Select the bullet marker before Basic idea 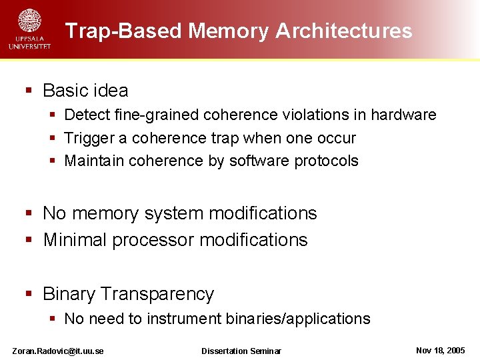point(29,91)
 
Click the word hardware point(403,115)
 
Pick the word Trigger point(85,138)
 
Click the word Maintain point(94,161)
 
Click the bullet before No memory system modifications point(29,214)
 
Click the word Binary point(71,294)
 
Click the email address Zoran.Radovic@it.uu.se point(58,351)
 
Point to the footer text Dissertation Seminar point(241,351)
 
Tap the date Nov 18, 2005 point(440,350)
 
